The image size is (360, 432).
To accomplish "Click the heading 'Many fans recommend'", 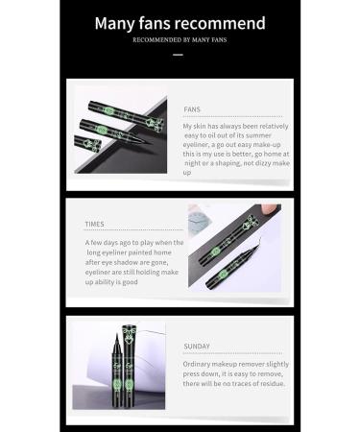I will (x=180, y=21).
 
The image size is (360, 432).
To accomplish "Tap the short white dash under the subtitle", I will (x=180, y=55).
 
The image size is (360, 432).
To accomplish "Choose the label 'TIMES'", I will (x=95, y=224).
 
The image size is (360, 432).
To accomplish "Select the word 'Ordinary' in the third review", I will (x=199, y=365).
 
